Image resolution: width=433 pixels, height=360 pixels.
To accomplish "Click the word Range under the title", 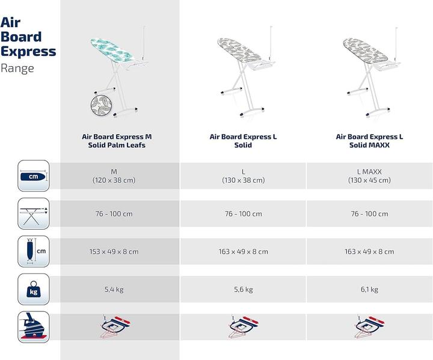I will point(17,68).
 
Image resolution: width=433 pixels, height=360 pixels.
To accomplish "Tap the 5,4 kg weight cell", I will point(114,289).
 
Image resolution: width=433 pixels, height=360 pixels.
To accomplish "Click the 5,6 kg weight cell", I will point(243,289).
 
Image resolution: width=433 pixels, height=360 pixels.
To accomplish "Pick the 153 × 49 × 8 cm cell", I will point(114,251).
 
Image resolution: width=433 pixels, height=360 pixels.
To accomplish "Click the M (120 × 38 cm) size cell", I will point(114,175).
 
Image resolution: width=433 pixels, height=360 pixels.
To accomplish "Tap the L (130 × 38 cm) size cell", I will point(243,175).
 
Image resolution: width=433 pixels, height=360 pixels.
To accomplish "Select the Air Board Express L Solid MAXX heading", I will point(369,141).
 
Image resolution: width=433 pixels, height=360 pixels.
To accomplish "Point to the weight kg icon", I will point(33,289).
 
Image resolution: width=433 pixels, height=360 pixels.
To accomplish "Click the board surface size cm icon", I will point(33,175).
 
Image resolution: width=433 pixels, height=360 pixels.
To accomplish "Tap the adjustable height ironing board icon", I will point(33,213).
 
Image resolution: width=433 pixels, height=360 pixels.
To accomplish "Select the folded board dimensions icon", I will point(33,251).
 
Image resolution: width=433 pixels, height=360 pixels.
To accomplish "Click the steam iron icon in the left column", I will point(33,328).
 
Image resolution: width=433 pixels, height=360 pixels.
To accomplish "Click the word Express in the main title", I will point(28,51).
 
